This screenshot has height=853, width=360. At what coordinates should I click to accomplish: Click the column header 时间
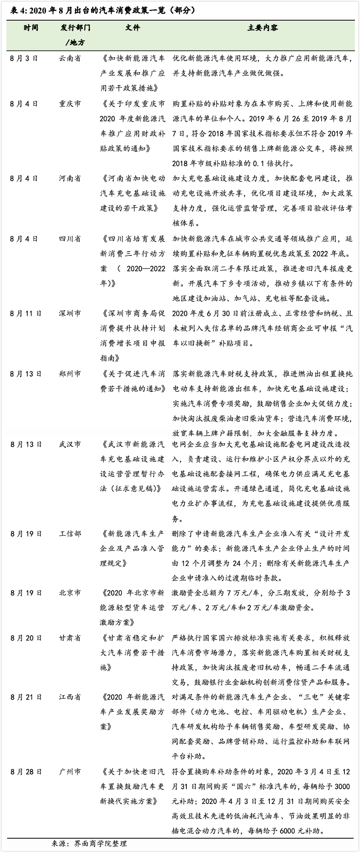(x=31, y=28)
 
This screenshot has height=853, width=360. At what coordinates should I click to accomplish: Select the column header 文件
(x=132, y=28)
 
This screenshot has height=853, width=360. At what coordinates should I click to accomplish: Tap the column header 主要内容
(x=262, y=28)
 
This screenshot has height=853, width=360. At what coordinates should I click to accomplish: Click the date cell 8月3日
(x=24, y=59)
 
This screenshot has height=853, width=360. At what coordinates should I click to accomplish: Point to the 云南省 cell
(x=70, y=59)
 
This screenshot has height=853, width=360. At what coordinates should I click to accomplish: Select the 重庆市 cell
(x=70, y=104)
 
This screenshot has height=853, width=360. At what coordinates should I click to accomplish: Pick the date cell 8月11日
(x=26, y=314)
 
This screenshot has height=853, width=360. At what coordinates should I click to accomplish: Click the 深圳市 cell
(x=70, y=314)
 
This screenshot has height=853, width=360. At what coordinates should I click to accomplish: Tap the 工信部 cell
(x=70, y=534)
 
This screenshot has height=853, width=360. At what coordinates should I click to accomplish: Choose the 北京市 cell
(x=70, y=593)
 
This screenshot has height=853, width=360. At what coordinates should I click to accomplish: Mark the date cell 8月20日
(x=26, y=638)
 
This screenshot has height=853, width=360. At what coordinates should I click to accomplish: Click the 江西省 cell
(x=70, y=697)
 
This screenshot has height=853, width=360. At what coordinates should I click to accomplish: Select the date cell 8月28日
(x=26, y=772)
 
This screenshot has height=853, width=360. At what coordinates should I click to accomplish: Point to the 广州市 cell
(x=70, y=772)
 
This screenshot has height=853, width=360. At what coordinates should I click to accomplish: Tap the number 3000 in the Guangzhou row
(x=342, y=787)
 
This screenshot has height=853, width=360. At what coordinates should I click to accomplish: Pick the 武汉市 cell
(x=70, y=445)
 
